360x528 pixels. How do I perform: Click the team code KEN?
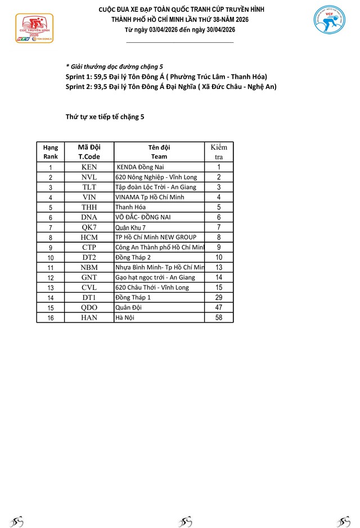(x=89, y=167)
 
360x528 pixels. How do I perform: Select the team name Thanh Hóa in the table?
(x=128, y=207)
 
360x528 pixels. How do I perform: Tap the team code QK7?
(x=89, y=227)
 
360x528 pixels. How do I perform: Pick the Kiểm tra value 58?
(x=219, y=317)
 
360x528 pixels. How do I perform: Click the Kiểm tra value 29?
(x=219, y=297)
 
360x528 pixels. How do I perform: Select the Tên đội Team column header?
(x=159, y=152)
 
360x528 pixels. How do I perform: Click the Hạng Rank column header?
(x=51, y=152)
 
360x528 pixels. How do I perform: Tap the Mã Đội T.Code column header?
(x=89, y=152)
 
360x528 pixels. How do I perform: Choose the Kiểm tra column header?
(x=219, y=152)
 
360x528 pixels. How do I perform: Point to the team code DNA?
(x=89, y=217)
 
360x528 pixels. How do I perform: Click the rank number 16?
(x=51, y=317)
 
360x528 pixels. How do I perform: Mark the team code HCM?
(x=89, y=238)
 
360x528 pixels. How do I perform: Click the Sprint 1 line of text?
(x=166, y=77)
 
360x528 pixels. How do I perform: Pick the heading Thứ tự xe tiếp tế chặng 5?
(x=105, y=117)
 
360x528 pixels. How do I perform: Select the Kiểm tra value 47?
(x=219, y=307)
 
